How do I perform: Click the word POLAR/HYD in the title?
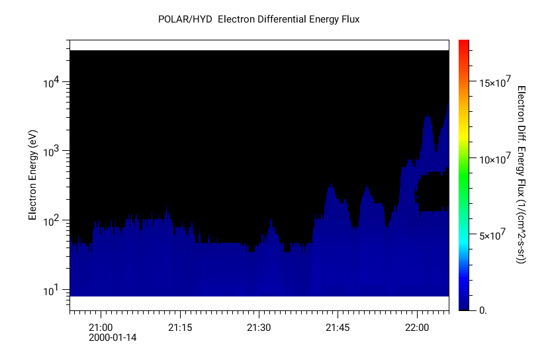tap(185, 19)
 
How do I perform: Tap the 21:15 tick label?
tap(180, 328)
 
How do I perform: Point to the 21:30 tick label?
tap(259, 328)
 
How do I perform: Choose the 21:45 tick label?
tap(338, 328)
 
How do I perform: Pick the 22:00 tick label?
tap(416, 328)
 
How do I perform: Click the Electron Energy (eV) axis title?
tap(32, 175)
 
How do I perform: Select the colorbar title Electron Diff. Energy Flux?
tap(521, 175)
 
